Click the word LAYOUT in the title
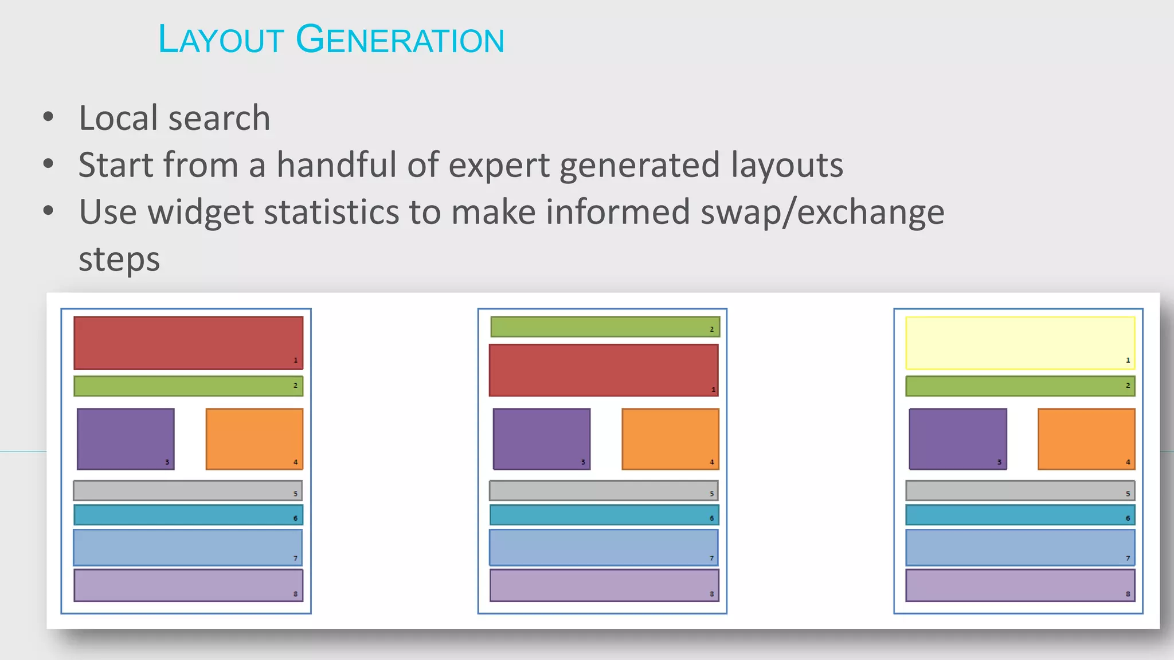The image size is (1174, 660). [221, 40]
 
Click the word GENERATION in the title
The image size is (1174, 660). [400, 40]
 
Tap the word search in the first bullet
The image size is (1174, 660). [219, 118]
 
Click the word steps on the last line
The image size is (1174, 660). [119, 260]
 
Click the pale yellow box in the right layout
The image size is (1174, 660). [1020, 343]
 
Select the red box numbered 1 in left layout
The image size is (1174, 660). [188, 343]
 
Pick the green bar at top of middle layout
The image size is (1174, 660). [605, 327]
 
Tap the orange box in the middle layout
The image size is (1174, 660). [670, 439]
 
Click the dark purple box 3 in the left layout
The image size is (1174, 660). [126, 439]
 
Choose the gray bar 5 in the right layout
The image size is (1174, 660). [1020, 491]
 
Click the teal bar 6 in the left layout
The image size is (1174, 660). [188, 515]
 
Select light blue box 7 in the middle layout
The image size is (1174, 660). [603, 547]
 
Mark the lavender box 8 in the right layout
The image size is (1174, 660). [1020, 586]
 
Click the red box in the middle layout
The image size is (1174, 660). [603, 370]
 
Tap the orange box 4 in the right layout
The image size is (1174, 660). [1086, 439]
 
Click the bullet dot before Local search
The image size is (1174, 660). [48, 117]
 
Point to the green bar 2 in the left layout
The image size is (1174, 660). [188, 386]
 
